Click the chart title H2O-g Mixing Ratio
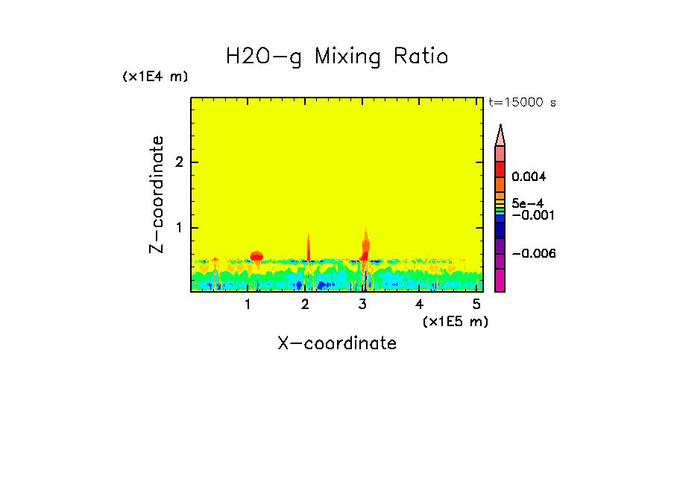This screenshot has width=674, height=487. click(337, 57)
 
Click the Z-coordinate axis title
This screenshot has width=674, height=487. click(157, 194)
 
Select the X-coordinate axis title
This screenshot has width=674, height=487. click(337, 343)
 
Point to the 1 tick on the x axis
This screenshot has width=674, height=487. click(248, 305)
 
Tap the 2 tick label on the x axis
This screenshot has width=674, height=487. click(305, 305)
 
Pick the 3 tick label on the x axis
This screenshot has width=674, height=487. click(362, 305)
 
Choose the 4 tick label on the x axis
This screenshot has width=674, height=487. click(420, 305)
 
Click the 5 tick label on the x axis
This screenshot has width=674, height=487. click(476, 305)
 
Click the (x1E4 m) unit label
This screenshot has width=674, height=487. click(155, 77)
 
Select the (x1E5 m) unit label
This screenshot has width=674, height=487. click(455, 321)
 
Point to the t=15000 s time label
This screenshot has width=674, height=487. click(522, 103)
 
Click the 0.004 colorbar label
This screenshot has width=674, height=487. click(529, 177)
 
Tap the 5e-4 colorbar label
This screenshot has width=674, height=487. click(528, 203)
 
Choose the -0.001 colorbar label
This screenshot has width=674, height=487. click(529, 215)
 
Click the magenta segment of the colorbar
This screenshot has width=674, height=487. click(500, 280)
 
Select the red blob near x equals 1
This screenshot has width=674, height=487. click(256, 256)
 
